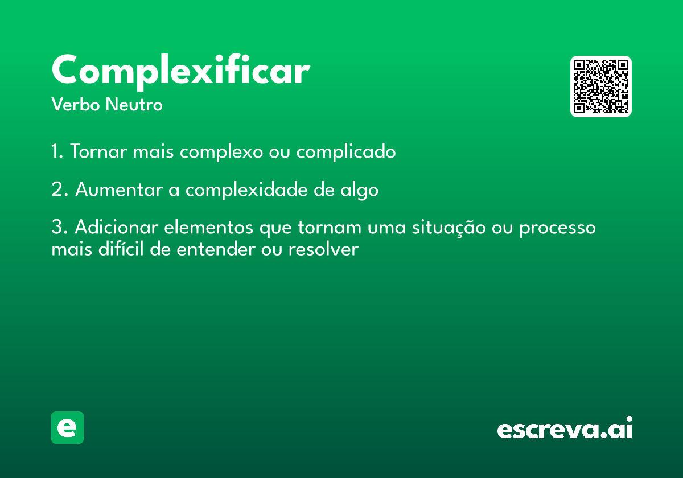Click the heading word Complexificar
click(181, 72)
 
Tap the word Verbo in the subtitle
click(76, 104)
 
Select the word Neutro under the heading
click(134, 104)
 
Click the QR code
click(600, 86)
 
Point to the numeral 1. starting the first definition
click(57, 151)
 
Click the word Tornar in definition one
click(98, 151)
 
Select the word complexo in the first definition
click(221, 153)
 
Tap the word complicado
click(346, 152)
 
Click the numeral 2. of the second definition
click(60, 189)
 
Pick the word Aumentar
click(119, 189)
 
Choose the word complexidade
click(246, 190)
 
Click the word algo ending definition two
click(359, 191)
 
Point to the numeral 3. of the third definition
click(60, 227)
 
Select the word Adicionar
click(117, 227)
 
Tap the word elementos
click(208, 227)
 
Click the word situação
click(449, 228)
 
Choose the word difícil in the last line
click(121, 249)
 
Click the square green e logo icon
click(67, 427)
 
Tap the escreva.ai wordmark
click(565, 427)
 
